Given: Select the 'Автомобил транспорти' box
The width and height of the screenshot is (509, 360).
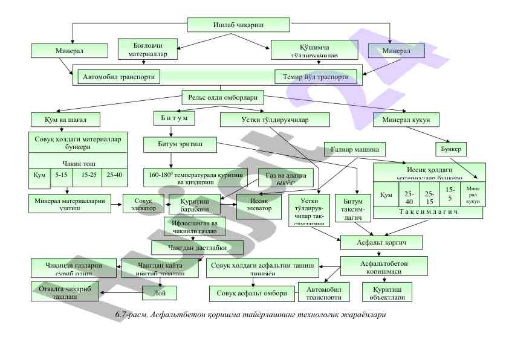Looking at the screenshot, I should tap(118, 77).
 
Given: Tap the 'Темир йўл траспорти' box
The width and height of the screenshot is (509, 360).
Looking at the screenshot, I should tap(316, 77).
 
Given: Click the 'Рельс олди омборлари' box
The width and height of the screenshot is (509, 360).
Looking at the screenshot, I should tap(223, 97).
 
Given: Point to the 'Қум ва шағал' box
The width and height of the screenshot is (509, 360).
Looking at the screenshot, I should tap(65, 119).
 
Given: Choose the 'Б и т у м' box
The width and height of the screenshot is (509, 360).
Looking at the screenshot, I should tap(174, 118).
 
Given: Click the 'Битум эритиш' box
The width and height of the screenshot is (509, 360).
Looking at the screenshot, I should tap(179, 144).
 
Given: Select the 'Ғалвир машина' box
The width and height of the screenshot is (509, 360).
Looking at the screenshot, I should tap(355, 149).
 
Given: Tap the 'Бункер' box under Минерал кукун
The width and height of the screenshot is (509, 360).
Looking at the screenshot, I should tap(452, 149).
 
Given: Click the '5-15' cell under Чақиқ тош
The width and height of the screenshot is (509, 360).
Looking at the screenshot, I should tap(61, 175).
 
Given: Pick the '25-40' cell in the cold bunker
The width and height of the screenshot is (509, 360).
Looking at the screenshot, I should tap(114, 175).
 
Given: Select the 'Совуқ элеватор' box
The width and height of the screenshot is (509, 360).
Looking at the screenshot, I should tap(143, 204).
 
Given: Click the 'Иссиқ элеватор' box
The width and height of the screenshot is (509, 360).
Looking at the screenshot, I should tap(259, 204).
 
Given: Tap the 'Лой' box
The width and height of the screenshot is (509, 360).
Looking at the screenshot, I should tap(159, 293).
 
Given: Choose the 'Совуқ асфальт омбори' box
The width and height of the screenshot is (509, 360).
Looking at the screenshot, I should tap(253, 294).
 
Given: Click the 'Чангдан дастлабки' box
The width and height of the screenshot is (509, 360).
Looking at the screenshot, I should tap(198, 247).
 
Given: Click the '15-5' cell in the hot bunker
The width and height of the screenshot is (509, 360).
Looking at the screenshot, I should tap(449, 194).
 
